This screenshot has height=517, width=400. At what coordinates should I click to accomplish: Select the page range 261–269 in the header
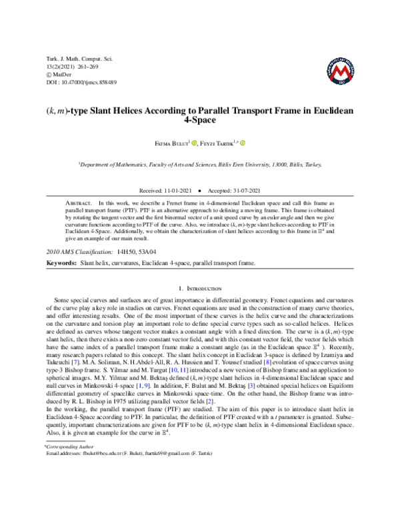tap(88, 67)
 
